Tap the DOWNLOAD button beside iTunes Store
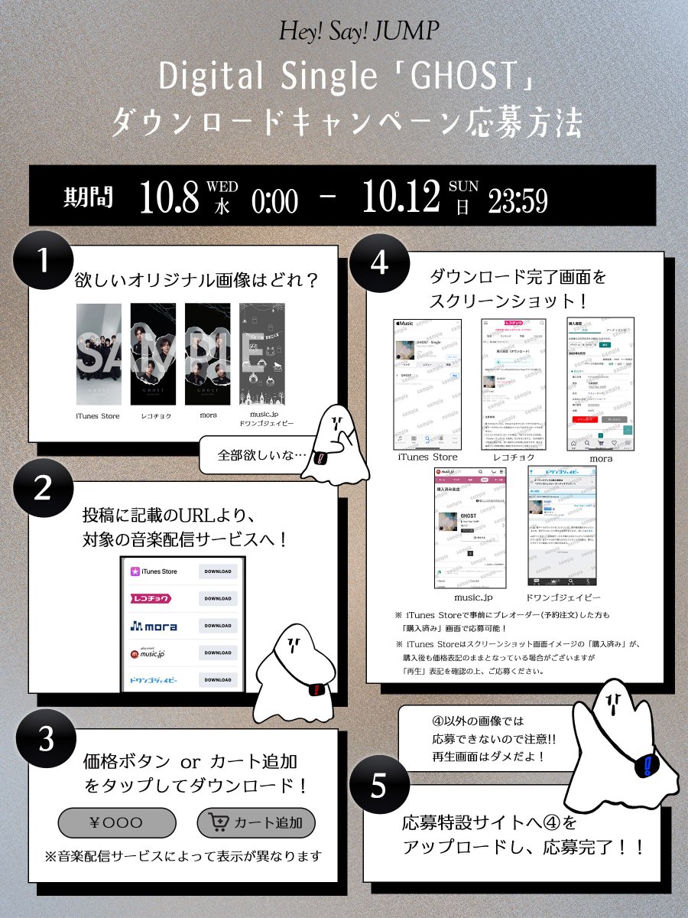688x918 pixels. (218, 571)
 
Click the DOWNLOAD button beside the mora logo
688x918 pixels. (218, 626)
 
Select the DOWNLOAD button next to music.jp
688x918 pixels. (218, 653)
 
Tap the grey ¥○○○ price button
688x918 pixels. (117, 823)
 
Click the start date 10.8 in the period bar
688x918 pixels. (169, 197)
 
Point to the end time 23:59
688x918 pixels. (518, 200)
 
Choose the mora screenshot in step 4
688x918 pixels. (600, 384)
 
